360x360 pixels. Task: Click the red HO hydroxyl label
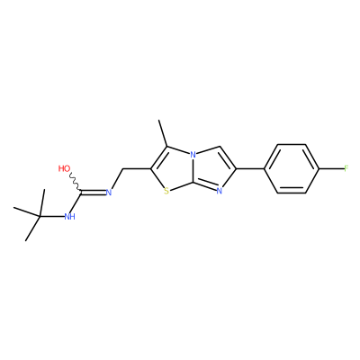coord(64,168)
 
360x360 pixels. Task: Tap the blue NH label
coord(69,217)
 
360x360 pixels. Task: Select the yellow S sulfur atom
coord(166,191)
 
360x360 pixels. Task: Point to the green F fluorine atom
coord(346,168)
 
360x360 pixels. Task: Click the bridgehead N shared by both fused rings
coord(193,155)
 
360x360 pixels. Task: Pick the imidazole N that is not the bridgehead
coord(219,191)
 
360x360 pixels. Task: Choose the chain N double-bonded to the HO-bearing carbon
coord(109,193)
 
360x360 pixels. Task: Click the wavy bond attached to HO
coord(75,182)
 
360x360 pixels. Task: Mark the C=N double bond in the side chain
coord(93,192)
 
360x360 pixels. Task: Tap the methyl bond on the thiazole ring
coord(164,133)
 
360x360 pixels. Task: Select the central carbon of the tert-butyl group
coord(40,216)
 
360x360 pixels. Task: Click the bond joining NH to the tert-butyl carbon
coord(51,216)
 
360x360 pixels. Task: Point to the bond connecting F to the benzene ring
coord(331,168)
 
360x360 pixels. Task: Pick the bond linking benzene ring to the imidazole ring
coord(250,168)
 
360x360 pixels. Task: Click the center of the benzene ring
coord(292,168)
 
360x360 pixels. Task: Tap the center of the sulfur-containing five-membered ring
coord(170,171)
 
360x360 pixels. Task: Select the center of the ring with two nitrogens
coord(213,170)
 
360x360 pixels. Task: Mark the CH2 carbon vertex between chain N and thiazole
coord(123,169)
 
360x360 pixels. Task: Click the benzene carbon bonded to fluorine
coord(319,168)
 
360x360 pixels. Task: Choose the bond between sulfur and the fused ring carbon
coord(181,185)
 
